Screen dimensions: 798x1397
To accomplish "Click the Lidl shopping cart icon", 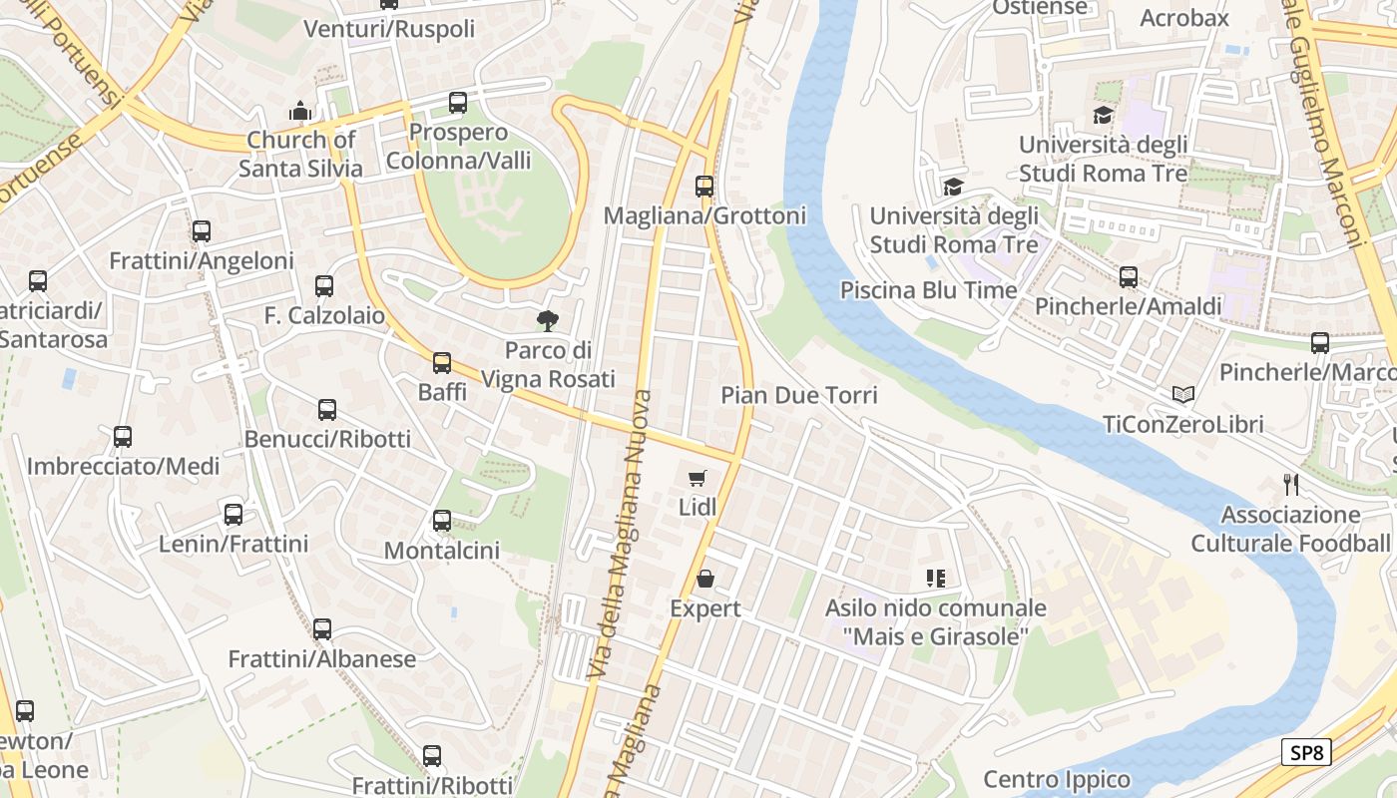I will (698, 478).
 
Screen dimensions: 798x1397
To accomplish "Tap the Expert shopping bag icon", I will (705, 579).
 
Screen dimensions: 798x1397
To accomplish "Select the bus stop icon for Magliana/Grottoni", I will (704, 187).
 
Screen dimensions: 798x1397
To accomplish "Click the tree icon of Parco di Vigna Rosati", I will (547, 321).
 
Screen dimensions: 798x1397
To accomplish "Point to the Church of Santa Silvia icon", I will (300, 111).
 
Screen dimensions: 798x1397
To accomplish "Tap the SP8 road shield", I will (1306, 752).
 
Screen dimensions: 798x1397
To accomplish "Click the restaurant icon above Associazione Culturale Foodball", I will (1291, 485).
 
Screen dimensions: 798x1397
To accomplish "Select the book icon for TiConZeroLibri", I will (1183, 395).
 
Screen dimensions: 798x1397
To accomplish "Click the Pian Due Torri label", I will (799, 395).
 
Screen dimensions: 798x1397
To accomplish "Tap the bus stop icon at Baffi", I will (442, 363).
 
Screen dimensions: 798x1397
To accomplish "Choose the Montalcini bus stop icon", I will (441, 521).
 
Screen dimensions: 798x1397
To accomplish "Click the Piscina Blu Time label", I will (928, 290).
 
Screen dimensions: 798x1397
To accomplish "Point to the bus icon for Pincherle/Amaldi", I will (1129, 277).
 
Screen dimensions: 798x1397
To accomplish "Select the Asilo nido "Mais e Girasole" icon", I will (935, 578).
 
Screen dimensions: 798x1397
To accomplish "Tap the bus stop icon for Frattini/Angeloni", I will (202, 231).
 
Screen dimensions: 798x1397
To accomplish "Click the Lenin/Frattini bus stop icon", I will (233, 515).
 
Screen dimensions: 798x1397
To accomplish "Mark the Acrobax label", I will (1184, 18).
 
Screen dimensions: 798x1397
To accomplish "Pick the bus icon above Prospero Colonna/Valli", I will (458, 103).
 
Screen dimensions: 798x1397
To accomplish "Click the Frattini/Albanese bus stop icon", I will (321, 629).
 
